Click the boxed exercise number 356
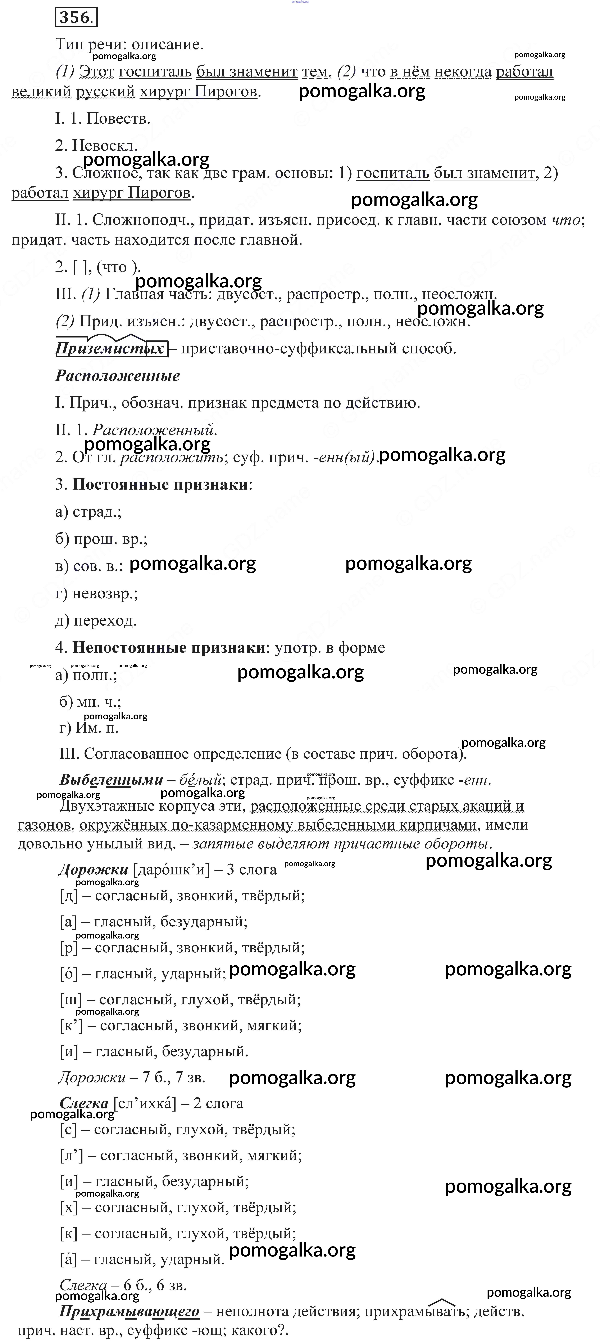point(76,18)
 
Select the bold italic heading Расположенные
point(118,376)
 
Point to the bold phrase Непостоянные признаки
point(169,648)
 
